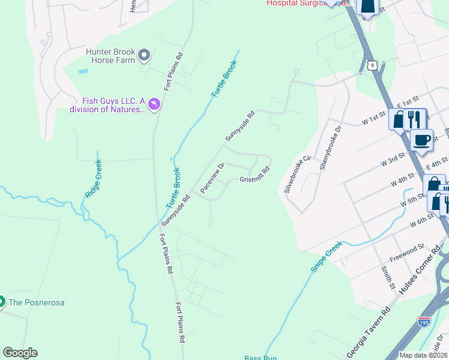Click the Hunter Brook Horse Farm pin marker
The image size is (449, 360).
pyautogui.click(x=144, y=56)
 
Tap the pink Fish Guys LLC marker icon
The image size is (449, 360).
pyautogui.click(x=154, y=105)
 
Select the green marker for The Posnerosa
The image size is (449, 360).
pyautogui.click(x=2, y=302)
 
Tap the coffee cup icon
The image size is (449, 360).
pyautogui.click(x=421, y=140)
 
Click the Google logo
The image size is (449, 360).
pyautogui.click(x=20, y=353)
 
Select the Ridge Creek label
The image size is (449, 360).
pyautogui.click(x=92, y=179)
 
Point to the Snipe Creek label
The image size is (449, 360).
pyautogui.click(x=326, y=256)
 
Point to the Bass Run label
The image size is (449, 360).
pyautogui.click(x=261, y=358)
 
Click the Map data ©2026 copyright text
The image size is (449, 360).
pyautogui.click(x=423, y=355)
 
